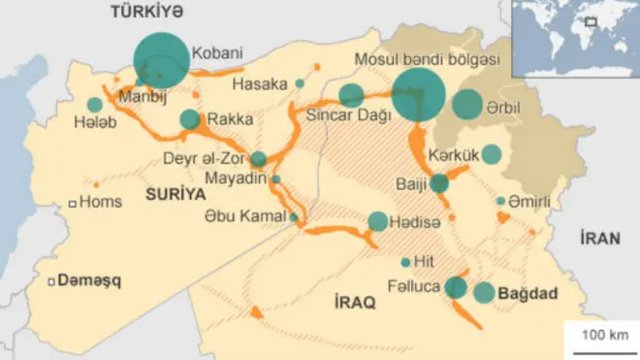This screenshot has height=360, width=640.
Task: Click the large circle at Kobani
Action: (x=161, y=60)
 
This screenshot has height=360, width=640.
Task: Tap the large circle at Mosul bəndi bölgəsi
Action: (x=419, y=95)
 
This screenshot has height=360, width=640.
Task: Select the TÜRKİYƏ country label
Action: (x=144, y=11)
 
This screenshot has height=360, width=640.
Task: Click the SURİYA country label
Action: (x=176, y=194)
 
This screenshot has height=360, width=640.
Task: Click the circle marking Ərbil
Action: (x=467, y=104)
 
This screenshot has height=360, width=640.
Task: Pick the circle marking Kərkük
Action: (x=492, y=153)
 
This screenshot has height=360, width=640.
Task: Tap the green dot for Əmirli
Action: (x=500, y=201)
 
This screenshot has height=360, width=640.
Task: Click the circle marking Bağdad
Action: (x=485, y=292)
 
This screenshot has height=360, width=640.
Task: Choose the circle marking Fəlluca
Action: (x=456, y=286)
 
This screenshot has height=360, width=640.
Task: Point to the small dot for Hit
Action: (x=405, y=262)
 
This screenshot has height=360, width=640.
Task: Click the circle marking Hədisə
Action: (x=377, y=221)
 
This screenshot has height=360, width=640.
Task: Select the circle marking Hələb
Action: (x=94, y=105)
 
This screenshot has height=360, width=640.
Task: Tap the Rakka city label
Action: (x=231, y=119)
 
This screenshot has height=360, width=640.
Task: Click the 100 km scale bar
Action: (x=601, y=337)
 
